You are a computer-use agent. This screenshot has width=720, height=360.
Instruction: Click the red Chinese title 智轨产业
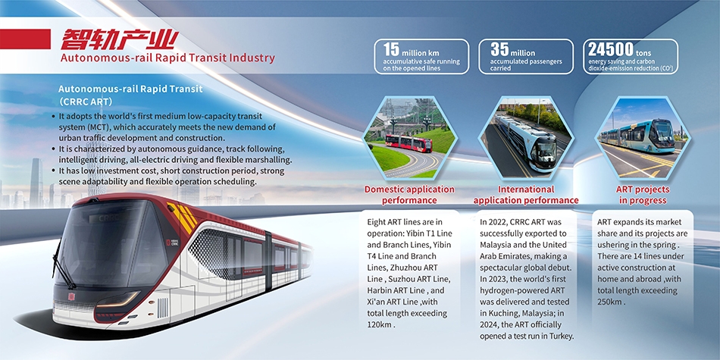(x=119, y=39)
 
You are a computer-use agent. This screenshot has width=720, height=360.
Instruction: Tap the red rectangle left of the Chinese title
(x=25, y=39)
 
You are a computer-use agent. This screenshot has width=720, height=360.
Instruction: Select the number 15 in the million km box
(x=391, y=49)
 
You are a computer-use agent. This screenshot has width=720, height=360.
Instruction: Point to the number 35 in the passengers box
(x=499, y=49)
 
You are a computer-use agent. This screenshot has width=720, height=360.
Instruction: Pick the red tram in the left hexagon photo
(x=409, y=142)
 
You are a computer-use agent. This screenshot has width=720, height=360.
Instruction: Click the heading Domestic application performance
(x=409, y=195)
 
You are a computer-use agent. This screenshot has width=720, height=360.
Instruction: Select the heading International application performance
(x=526, y=195)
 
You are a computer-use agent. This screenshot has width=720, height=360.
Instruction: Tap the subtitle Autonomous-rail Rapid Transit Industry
(x=167, y=58)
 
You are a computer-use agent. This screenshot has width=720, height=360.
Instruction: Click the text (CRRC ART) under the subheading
(x=86, y=101)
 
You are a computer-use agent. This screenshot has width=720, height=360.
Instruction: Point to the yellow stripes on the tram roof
(x=183, y=217)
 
